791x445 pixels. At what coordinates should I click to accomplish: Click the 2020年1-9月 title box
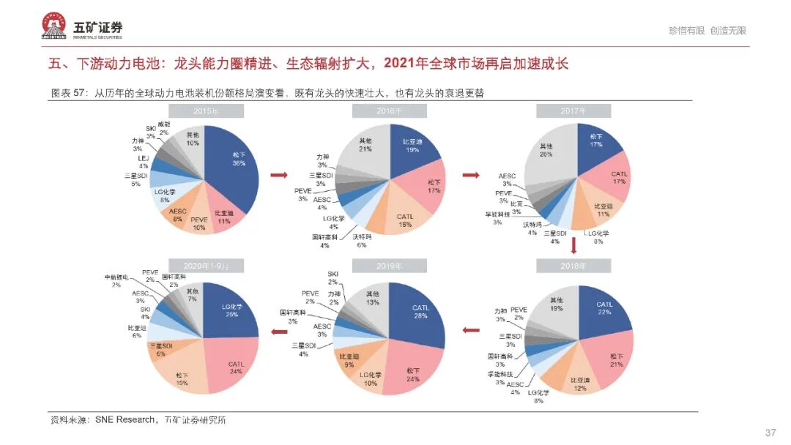pos(207,266)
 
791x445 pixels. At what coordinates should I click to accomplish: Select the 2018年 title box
pos(573,266)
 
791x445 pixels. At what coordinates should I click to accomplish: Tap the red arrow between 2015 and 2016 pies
pos(278,176)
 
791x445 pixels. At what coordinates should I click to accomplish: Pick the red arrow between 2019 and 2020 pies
pos(278,332)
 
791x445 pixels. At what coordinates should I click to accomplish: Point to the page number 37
pos(770,433)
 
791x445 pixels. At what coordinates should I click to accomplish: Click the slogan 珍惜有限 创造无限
pos(707,31)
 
